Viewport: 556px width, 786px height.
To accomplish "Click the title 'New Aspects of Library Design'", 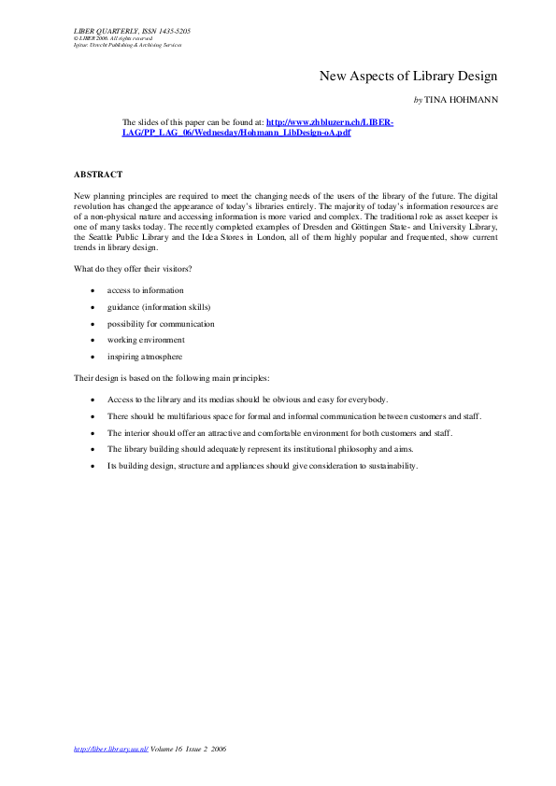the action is [x=408, y=76].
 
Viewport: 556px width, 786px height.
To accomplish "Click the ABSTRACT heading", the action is [x=97, y=175].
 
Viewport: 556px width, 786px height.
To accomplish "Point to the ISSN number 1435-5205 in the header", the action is [x=172, y=31].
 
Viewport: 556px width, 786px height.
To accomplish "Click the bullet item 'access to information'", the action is [x=145, y=290].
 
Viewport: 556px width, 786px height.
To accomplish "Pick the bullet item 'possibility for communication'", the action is [x=161, y=324].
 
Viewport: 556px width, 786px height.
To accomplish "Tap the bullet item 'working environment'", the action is [x=146, y=340].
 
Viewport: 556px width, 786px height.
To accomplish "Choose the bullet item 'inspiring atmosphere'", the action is [x=145, y=357].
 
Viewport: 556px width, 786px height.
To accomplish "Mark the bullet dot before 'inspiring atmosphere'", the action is [x=92, y=358].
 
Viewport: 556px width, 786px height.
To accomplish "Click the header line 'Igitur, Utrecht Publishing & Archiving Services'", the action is [x=128, y=45].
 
